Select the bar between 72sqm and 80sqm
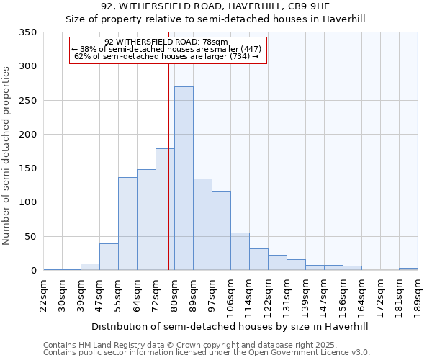tap(165, 210)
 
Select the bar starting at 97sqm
tap(221, 230)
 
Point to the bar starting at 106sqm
tap(240, 251)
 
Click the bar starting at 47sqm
tap(109, 257)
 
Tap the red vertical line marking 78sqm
tap(168, 144)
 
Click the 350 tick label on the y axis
tap(27, 32)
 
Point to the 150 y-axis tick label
tap(27, 168)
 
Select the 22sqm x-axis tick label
tap(44, 295)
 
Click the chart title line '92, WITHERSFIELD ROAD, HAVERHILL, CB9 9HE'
tap(215, 7)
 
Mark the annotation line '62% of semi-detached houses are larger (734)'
tap(166, 56)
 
